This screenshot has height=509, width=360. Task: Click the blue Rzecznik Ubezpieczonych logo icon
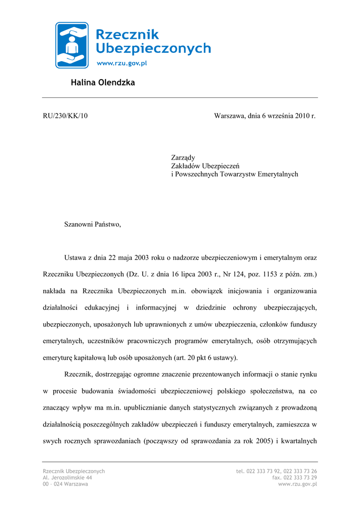(72, 45)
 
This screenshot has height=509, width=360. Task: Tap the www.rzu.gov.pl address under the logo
(121, 63)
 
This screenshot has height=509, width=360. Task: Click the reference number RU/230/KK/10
(65, 116)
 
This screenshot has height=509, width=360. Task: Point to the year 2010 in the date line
(302, 116)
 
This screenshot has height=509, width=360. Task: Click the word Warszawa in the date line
(229, 116)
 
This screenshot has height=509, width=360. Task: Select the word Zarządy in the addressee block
(183, 158)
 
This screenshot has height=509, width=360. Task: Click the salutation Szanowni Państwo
(92, 224)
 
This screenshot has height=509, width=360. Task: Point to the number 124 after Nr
(227, 274)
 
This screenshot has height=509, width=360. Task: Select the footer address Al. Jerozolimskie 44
(67, 477)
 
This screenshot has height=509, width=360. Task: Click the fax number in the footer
(294, 477)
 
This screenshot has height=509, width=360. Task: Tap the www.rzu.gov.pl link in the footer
(297, 484)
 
